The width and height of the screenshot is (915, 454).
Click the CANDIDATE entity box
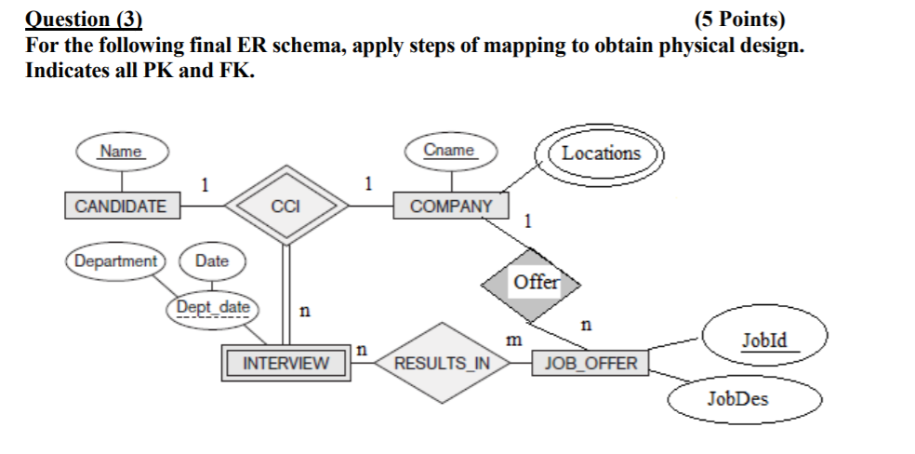(x=122, y=206)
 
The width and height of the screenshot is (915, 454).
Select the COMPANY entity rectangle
(x=451, y=206)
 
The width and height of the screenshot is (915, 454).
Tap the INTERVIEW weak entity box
(x=285, y=363)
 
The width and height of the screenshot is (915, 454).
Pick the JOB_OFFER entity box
(x=590, y=363)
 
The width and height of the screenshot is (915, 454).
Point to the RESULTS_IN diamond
(x=442, y=363)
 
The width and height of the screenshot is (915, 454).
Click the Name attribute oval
(x=122, y=152)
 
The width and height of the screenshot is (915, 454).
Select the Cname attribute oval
(x=449, y=151)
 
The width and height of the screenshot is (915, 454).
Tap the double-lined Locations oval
(x=601, y=154)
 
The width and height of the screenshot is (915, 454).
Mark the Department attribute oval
(x=115, y=260)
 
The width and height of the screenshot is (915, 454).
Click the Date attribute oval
(x=212, y=260)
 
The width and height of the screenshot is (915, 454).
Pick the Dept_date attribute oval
(x=214, y=307)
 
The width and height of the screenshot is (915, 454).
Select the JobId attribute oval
(x=764, y=340)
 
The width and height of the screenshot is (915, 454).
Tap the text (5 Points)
(x=739, y=19)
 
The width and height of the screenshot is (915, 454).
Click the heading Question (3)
(x=84, y=19)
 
